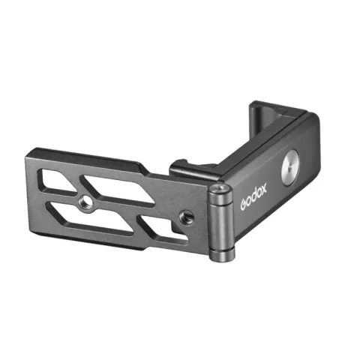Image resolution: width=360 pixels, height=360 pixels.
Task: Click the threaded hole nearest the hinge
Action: pos(187,217)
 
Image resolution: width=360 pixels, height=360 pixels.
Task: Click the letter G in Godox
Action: pos(244,205)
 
